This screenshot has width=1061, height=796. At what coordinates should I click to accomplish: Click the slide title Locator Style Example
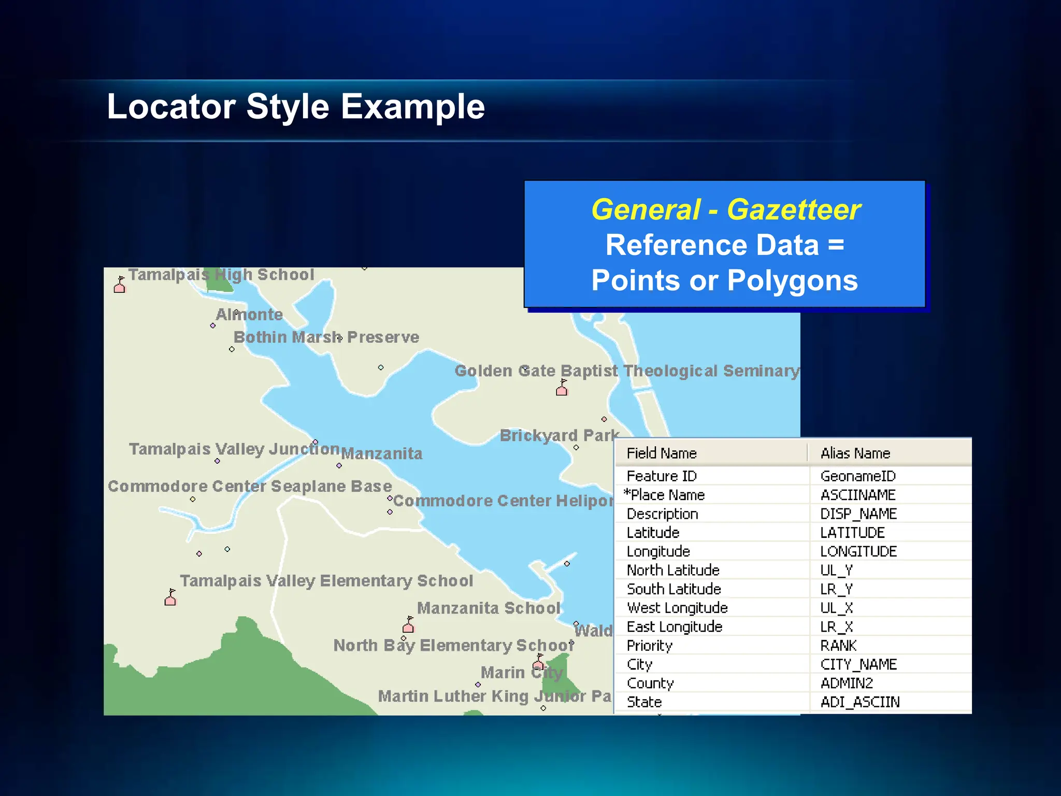coord(295,107)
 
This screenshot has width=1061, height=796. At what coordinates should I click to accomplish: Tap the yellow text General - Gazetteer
coord(725,210)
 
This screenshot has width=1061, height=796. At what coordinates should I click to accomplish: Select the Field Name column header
coord(661,453)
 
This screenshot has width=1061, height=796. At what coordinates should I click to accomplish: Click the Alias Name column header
coord(855,453)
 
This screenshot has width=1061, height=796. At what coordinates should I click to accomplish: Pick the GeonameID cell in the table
coord(858,476)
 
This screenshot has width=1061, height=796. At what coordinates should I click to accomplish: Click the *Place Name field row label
coord(665,495)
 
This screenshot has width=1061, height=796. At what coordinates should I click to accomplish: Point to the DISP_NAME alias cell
coord(858,514)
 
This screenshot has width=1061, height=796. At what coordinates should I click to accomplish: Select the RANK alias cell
coord(838,646)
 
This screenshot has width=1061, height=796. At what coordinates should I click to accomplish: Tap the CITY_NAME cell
coord(858,664)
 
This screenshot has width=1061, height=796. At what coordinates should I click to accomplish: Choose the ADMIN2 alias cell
coord(847,684)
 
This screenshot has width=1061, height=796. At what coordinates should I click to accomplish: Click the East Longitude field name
coord(674,627)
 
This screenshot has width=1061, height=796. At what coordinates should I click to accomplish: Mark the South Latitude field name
coord(673,589)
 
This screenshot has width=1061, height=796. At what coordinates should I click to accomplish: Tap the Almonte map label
coord(249,315)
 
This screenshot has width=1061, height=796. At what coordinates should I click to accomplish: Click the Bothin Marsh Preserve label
coord(326,337)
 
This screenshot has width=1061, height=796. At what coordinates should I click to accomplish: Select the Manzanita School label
coord(489,608)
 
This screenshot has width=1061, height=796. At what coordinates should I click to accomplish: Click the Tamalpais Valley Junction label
coord(234,449)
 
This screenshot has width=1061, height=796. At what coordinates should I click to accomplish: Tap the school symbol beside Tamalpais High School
coord(120,285)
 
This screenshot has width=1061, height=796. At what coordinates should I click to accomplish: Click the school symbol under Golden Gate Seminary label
coord(562,388)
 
